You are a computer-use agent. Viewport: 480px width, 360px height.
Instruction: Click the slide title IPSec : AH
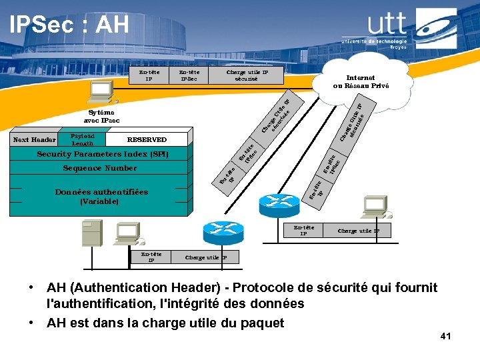(x=69, y=25)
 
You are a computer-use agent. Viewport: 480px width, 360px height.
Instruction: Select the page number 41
(x=445, y=337)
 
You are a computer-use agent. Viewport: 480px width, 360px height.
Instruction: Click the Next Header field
(x=35, y=140)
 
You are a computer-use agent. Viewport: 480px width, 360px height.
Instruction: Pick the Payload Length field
(x=83, y=139)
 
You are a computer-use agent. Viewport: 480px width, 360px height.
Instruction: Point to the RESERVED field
(x=147, y=140)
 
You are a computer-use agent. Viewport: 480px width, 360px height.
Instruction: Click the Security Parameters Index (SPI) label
(x=103, y=155)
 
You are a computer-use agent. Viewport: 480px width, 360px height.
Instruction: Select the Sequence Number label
(x=99, y=169)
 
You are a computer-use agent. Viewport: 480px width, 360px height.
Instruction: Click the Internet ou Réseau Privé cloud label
(x=361, y=82)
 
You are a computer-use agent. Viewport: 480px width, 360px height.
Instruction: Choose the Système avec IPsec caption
(x=101, y=117)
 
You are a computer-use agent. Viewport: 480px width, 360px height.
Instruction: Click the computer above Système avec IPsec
(x=102, y=91)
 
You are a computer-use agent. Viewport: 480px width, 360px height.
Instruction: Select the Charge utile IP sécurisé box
(x=247, y=75)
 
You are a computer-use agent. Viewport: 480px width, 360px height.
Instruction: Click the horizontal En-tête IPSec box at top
(x=190, y=75)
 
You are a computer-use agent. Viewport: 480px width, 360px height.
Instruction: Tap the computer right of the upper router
(x=374, y=206)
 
